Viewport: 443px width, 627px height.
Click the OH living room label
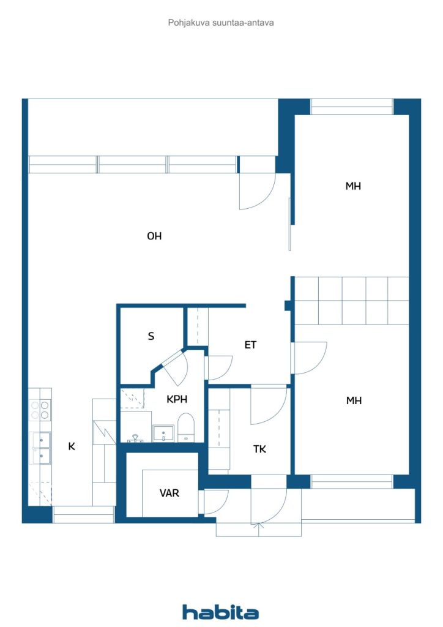tap(154, 236)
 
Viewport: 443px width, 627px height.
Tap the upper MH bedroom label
tap(353, 186)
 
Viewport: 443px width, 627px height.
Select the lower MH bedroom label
tap(354, 400)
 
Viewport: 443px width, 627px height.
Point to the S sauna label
tap(151, 336)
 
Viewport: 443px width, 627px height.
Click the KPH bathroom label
tap(177, 399)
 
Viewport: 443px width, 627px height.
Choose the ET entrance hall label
tap(250, 345)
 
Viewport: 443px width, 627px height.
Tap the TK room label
tap(259, 449)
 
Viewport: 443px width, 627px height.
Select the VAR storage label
tap(169, 493)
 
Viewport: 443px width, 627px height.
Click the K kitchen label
tap(72, 446)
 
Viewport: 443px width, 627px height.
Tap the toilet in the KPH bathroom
tap(186, 427)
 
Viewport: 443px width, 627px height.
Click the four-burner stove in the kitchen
tap(40, 410)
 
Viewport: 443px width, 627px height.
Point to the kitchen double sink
tap(40, 448)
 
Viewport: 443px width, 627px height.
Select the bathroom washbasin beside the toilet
tap(163, 434)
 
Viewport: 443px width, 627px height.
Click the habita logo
tap(220, 612)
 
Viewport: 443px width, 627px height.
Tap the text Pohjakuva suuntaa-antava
tap(221, 23)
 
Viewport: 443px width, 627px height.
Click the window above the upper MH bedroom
tap(352, 107)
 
